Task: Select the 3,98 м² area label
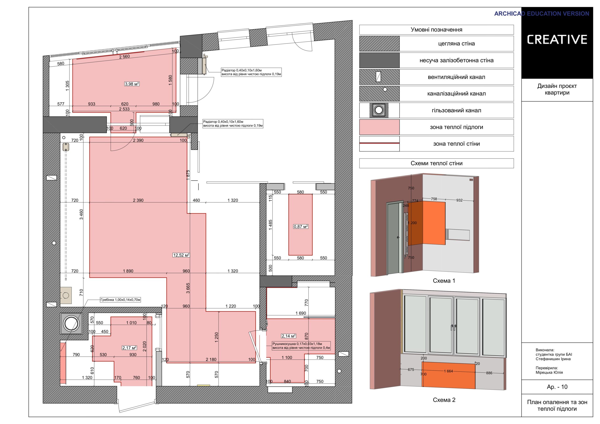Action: [x=132, y=84]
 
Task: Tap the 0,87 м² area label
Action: [x=301, y=227]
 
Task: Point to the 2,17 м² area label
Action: [x=129, y=348]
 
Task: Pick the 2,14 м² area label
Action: [x=289, y=336]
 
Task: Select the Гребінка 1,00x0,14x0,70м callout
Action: [x=120, y=300]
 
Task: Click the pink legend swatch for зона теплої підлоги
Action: [x=379, y=127]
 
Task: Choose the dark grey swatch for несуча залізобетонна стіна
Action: [x=379, y=60]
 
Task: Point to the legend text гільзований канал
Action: [x=456, y=110]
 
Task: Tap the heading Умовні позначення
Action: [x=436, y=30]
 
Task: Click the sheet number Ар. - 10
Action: [x=557, y=387]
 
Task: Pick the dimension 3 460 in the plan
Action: [x=81, y=215]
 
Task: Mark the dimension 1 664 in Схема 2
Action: [x=448, y=371]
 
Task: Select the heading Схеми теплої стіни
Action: [x=436, y=163]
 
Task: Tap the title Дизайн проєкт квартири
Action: [x=557, y=89]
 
